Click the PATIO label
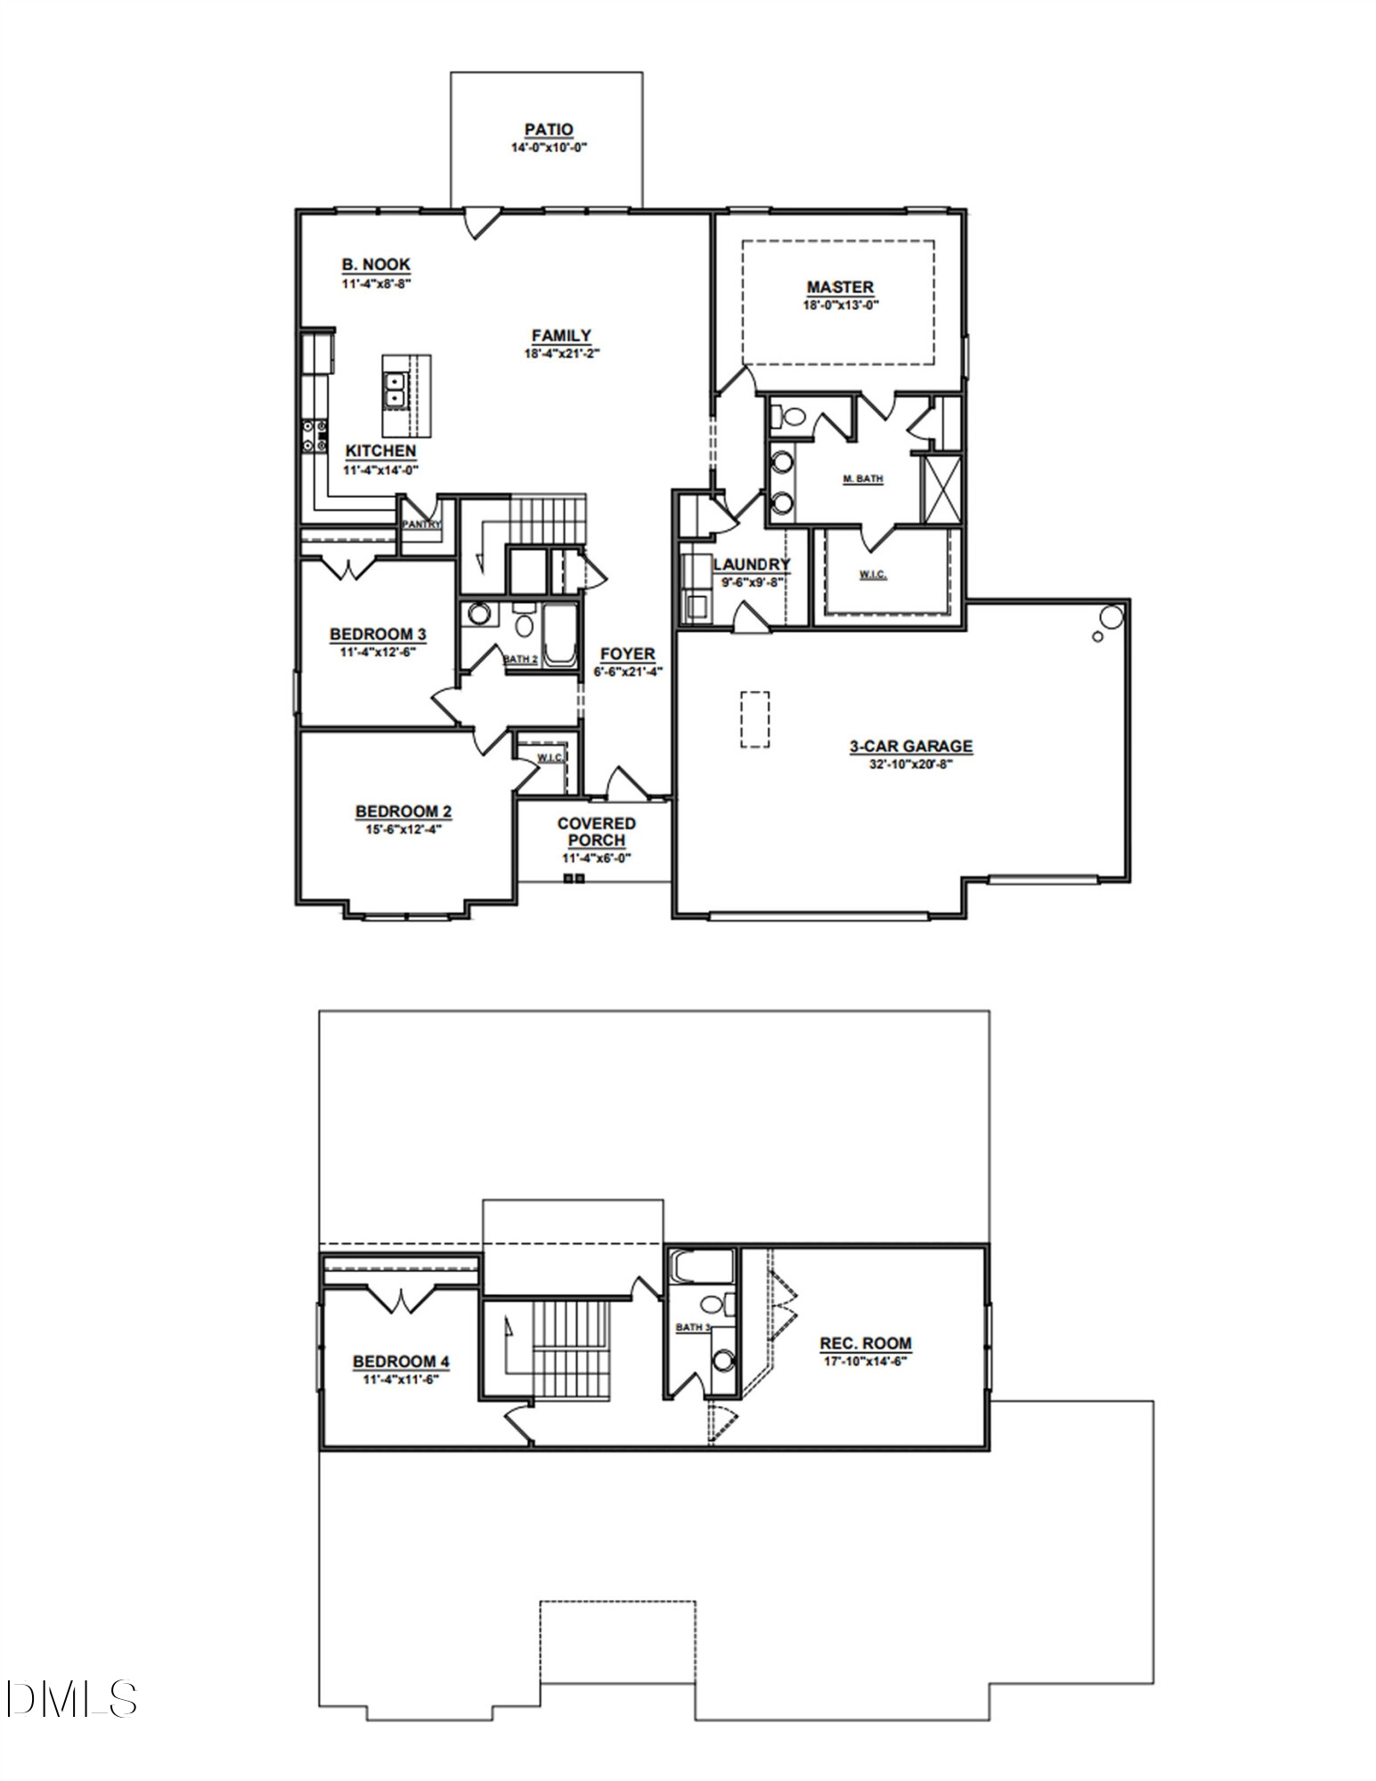pos(548,130)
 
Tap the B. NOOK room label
pos(376,264)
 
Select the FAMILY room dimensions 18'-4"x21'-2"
pos(561,353)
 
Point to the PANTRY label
pos(421,525)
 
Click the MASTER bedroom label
pos(840,287)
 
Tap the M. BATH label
pos(862,479)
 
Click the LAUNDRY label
pos(751,564)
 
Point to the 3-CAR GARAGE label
pos(910,746)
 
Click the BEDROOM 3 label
pos(378,634)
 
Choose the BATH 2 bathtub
pos(560,634)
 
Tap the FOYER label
pos(627,654)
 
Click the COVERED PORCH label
pos(596,832)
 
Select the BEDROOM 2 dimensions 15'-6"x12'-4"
pos(403,828)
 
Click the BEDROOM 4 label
pos(401,1362)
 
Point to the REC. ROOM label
pos(866,1343)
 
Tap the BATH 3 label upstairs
pos(693,1328)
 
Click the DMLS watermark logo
pos(71,1699)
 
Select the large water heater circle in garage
pos(1111,616)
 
